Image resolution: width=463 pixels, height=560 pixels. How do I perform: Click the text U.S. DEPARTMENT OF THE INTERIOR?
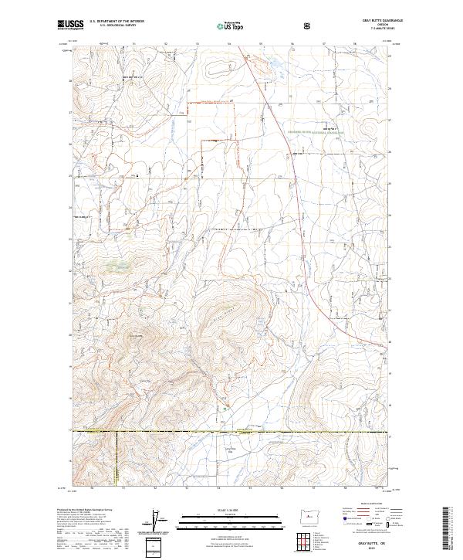pyautogui.click(x=117, y=21)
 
